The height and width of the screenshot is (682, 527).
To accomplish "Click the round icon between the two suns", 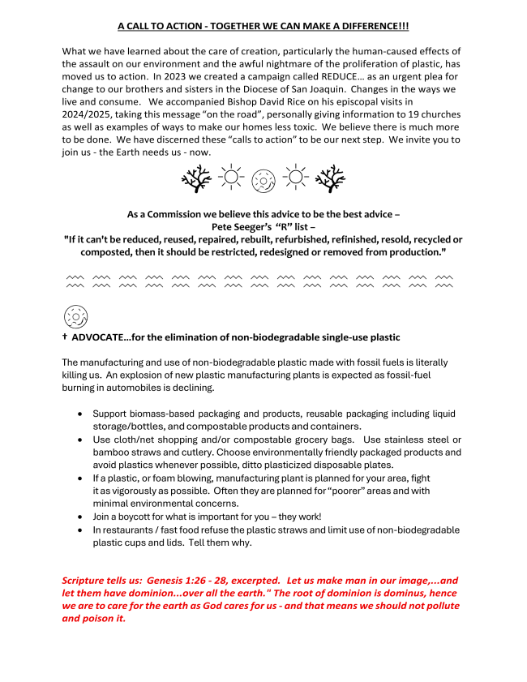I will click(x=263, y=178).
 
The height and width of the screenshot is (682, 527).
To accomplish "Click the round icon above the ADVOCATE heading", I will click(x=75, y=316).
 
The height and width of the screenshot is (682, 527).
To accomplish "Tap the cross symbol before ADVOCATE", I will click(x=64, y=337).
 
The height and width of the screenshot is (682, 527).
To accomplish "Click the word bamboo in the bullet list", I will click(x=110, y=452).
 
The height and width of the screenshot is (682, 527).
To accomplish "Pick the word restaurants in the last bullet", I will click(x=126, y=530).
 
